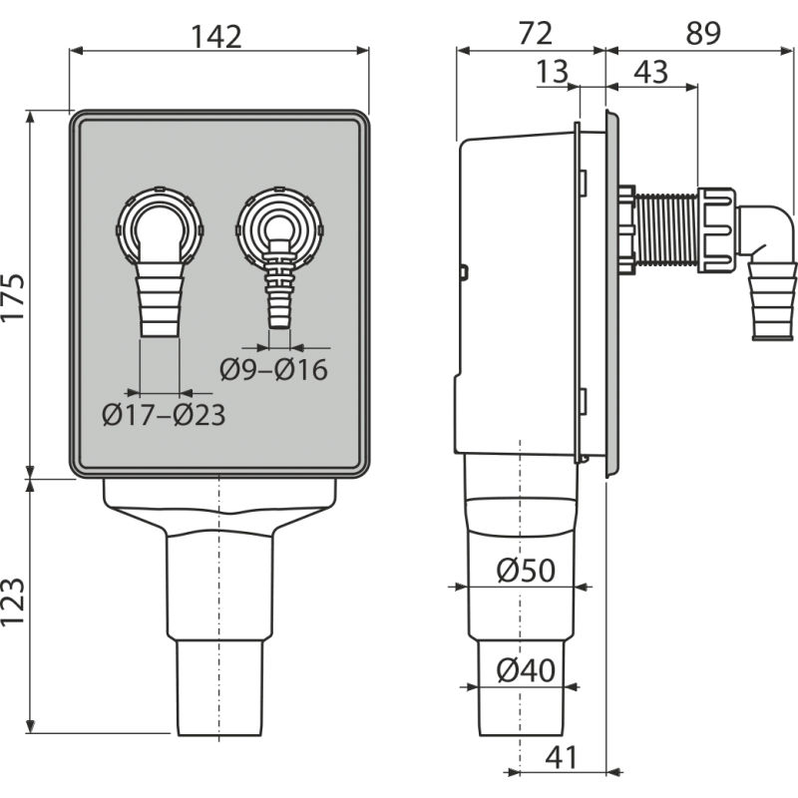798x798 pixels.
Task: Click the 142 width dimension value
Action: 217,37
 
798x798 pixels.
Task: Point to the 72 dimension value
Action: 535,33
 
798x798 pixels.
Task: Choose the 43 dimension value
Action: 651,71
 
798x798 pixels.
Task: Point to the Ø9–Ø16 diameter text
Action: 273,369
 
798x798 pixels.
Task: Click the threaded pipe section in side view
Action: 666,230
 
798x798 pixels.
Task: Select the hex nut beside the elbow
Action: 717,228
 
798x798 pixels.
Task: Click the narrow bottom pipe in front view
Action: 218,688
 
